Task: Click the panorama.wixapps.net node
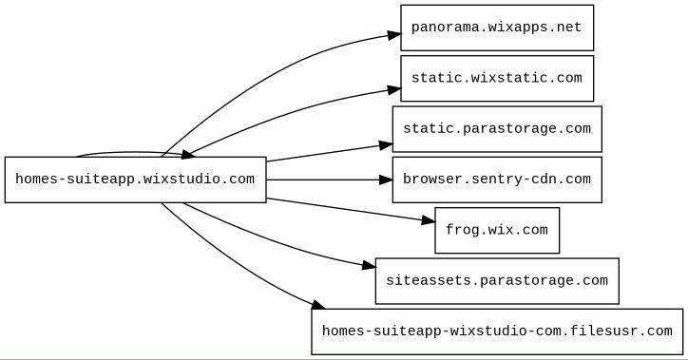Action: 497,28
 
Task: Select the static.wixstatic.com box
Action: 497,79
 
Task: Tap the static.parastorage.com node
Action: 497,129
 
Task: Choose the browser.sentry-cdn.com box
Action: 497,180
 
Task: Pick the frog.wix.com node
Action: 497,230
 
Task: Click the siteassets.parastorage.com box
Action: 497,281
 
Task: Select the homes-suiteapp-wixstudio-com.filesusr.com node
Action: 497,332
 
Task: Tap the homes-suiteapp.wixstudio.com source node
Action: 136,180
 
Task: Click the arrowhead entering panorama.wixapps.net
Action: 394,34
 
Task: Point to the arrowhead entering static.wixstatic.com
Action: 394,90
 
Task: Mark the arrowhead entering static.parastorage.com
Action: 386,145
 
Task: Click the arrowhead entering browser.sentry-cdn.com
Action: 386,180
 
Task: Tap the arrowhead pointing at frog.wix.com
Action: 429,220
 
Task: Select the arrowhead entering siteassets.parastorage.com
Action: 369,265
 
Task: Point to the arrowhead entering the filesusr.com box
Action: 318,305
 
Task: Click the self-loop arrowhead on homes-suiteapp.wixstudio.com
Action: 187,154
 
